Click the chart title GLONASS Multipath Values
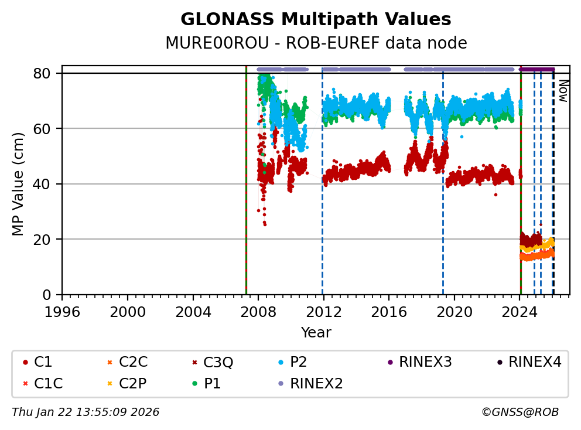click(316, 19)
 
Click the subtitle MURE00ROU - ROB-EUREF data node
click(316, 43)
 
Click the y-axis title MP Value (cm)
click(19, 184)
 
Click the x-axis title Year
click(316, 333)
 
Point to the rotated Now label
click(562, 91)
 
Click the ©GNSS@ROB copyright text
click(520, 412)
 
